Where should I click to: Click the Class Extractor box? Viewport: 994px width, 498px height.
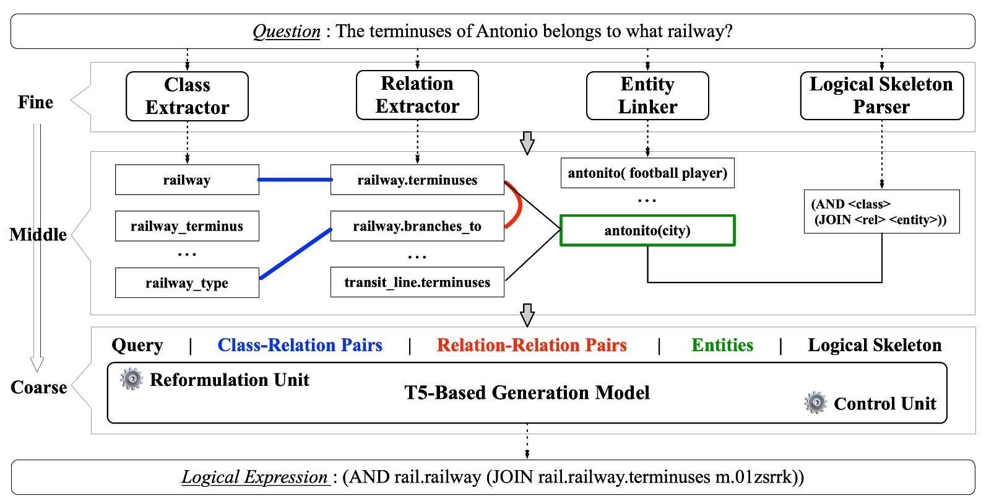(187, 96)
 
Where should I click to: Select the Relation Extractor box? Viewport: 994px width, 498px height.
(417, 95)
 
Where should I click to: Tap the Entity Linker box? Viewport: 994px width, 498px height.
(647, 95)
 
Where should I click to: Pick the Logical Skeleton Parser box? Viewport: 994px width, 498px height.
(881, 95)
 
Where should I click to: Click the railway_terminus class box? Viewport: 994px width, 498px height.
(187, 226)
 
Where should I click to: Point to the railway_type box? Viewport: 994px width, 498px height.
(187, 283)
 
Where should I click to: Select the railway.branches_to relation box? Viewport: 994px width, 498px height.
(417, 226)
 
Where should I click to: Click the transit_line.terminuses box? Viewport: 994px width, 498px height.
(417, 282)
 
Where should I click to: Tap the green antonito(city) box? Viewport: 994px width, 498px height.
(647, 230)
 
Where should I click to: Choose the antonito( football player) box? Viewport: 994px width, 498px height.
(647, 173)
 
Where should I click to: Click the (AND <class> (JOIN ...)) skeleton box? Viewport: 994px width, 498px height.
(881, 212)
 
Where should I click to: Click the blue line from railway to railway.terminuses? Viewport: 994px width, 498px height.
(295, 180)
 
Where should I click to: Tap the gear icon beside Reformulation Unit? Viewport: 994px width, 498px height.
(131, 379)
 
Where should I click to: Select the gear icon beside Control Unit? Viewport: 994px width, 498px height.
(816, 403)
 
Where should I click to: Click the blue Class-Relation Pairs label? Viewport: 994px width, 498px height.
(300, 345)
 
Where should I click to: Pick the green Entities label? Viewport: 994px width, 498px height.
(722, 345)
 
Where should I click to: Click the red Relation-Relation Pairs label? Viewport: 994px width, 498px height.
(532, 345)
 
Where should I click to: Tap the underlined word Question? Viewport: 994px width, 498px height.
(287, 31)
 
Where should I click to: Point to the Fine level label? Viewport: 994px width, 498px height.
(35, 102)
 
